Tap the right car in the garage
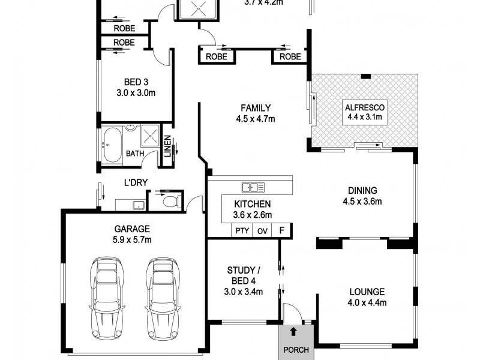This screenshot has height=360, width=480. coord(162,298)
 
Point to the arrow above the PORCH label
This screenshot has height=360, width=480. coord(293,331)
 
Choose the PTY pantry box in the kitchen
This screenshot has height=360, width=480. coord(242,230)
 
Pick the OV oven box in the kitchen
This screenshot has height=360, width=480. coord(262,230)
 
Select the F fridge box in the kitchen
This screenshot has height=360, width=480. coord(281,230)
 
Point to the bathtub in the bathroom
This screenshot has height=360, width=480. coord(113,144)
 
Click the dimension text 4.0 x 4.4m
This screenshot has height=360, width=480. coord(367,303)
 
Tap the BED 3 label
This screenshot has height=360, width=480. coord(136,82)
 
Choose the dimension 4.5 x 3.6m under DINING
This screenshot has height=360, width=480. coord(362,201)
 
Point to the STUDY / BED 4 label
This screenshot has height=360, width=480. coord(243,277)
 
